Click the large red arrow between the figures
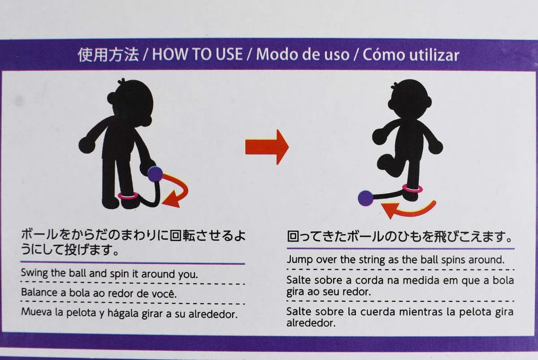(267, 147)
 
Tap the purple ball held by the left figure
(155, 174)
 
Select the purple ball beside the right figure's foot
(365, 198)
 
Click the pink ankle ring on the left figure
(128, 195)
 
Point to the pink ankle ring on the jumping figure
(412, 189)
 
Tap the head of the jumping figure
(410, 99)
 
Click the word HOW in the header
(170, 54)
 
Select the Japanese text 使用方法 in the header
(108, 55)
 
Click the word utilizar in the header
(435, 55)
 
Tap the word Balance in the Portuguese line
(39, 292)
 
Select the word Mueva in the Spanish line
(37, 312)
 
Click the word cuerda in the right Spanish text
(377, 312)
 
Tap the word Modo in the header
(277, 54)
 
